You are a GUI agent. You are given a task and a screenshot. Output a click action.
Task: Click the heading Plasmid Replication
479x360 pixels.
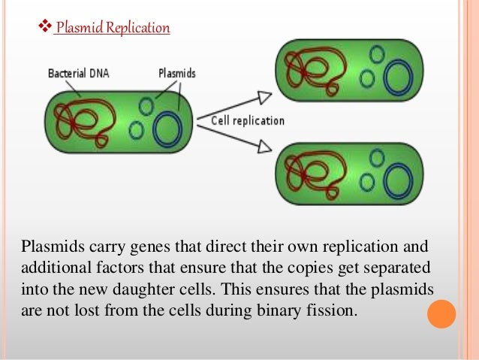[113, 29]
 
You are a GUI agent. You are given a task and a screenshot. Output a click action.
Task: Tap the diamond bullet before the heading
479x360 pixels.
[44, 29]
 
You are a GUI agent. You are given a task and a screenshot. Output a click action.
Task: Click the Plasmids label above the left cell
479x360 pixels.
[177, 74]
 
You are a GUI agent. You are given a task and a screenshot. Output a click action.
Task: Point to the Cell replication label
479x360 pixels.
[248, 120]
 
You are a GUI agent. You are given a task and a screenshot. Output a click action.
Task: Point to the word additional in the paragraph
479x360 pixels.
[50, 270]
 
